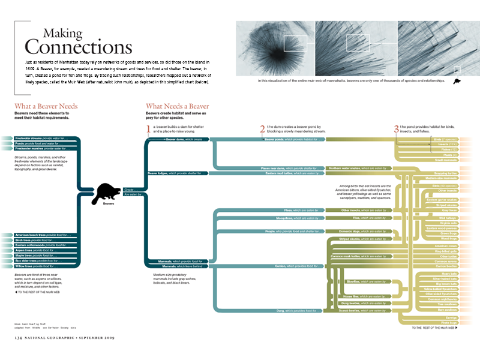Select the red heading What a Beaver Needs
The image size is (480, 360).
click(46, 106)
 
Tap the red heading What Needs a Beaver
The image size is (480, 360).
click(177, 106)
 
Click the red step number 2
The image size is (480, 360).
click(262, 129)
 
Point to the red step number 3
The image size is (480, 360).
click(396, 129)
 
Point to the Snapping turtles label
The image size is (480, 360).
click(446, 173)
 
